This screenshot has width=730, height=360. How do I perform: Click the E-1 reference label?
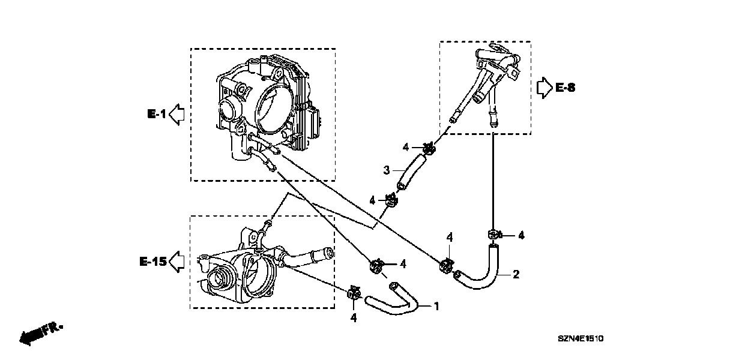click(156, 113)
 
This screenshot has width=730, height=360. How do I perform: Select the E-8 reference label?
click(565, 88)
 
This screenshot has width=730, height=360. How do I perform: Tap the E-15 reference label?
click(152, 261)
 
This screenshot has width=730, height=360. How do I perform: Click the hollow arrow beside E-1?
click(176, 113)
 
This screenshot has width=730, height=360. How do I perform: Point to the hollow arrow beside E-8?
click(544, 88)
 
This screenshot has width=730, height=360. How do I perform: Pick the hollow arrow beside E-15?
click(176, 261)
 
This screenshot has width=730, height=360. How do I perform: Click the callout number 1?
click(436, 306)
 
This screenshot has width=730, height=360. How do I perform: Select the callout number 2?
click(516, 275)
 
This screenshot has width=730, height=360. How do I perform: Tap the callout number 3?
click(387, 170)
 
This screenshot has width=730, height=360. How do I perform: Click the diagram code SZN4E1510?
click(581, 339)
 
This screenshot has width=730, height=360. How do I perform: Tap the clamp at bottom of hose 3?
click(391, 200)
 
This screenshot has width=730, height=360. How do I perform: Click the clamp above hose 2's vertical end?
click(494, 235)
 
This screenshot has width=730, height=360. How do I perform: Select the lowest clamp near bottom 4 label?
click(354, 293)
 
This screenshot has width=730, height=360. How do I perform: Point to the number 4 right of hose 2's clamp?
click(521, 236)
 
